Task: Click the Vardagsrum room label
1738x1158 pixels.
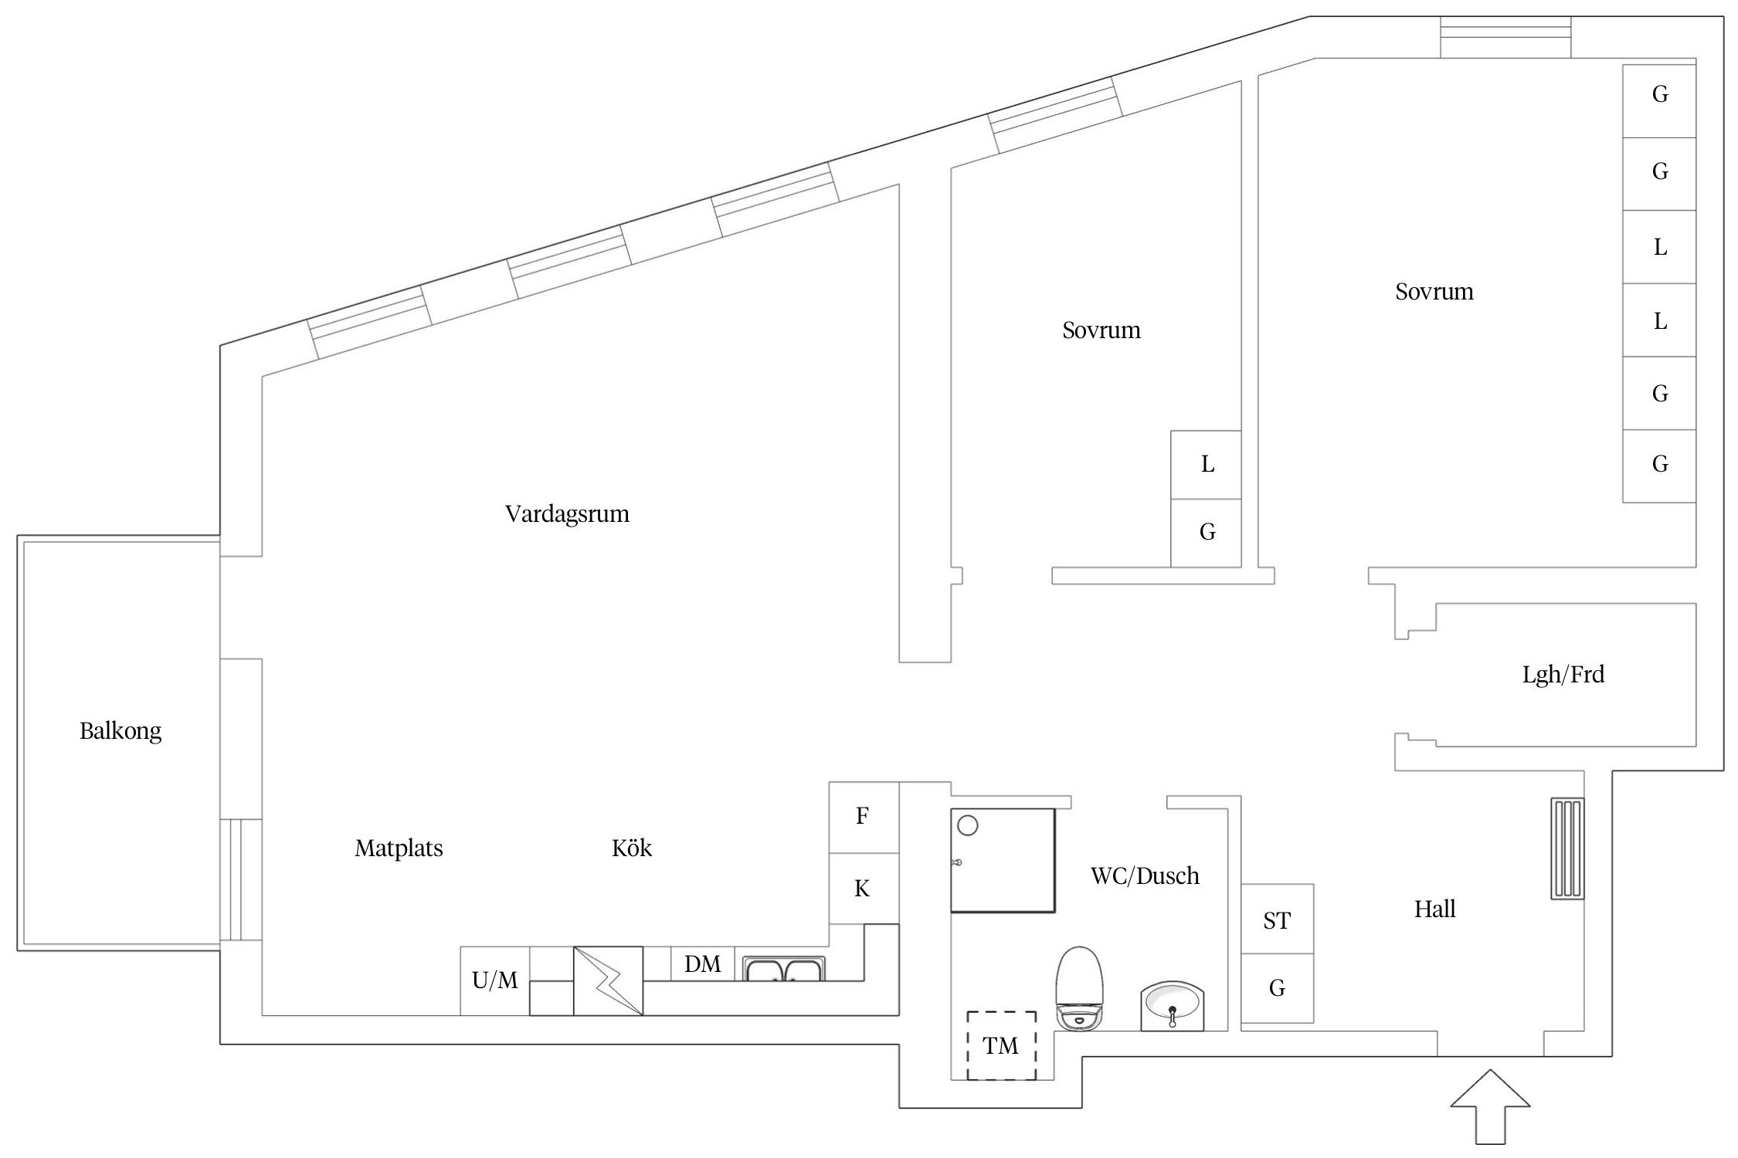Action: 567,514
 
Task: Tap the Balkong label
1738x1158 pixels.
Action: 121,731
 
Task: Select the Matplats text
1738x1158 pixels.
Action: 399,848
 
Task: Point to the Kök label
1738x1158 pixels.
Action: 631,848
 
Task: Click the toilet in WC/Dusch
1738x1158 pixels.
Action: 1079,987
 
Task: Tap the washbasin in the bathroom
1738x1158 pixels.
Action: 1172,1004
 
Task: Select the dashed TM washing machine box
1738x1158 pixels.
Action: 1000,1046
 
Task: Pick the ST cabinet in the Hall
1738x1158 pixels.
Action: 1277,919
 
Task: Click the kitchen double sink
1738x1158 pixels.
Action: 784,969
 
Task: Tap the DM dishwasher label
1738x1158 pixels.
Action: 702,963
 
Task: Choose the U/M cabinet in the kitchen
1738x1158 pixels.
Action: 494,980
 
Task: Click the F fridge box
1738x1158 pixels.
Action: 863,816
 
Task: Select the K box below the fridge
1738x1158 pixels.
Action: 863,889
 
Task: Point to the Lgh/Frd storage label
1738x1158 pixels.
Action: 1563,675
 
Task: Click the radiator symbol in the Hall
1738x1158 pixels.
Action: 1567,848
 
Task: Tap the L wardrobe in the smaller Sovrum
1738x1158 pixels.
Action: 1207,465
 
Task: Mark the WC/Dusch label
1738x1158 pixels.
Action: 1145,875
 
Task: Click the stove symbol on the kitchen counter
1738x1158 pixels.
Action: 608,980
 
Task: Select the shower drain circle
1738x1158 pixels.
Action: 967,825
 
